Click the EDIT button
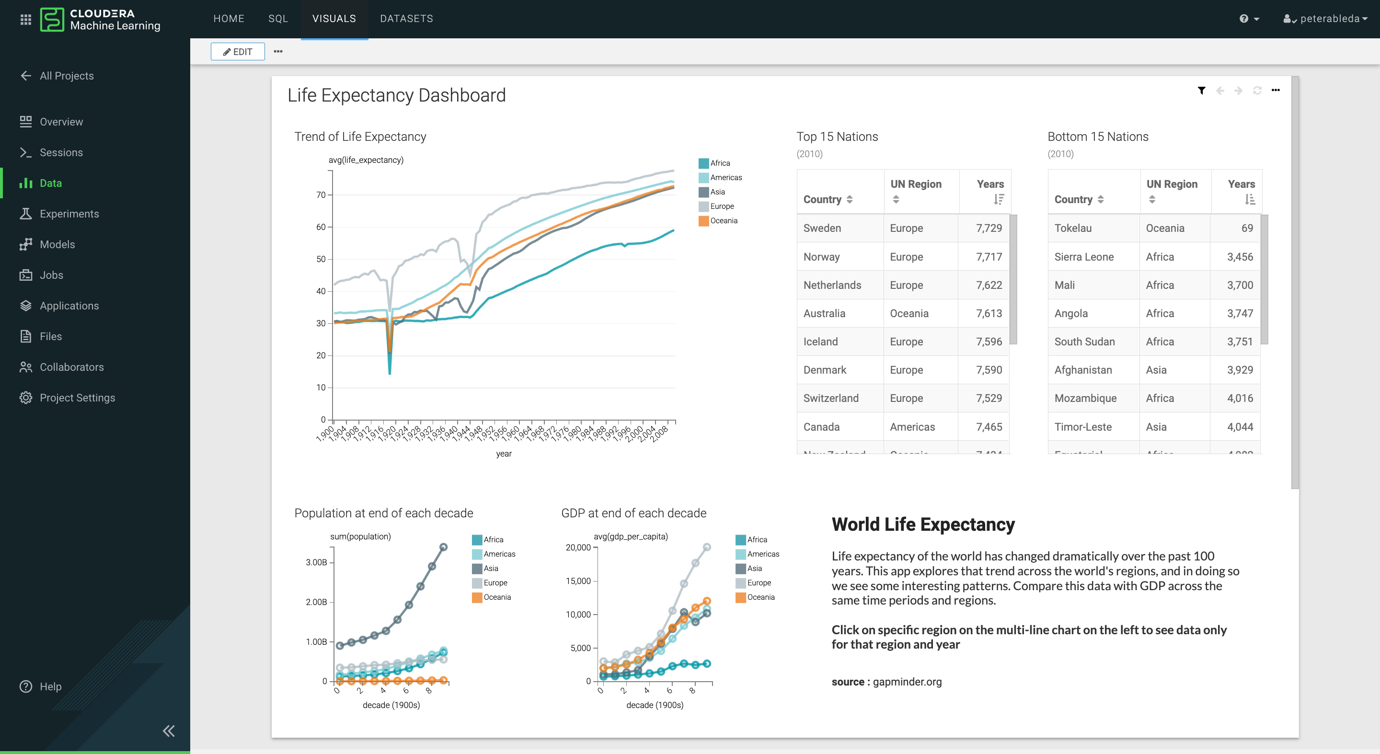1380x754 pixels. pos(237,51)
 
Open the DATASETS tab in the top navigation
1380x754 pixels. pos(406,19)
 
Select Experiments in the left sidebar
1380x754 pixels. pos(69,214)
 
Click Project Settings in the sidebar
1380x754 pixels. pos(77,397)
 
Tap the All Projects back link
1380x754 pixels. pos(67,76)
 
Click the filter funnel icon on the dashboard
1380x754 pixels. pos(1201,91)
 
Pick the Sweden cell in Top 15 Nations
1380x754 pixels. pos(822,228)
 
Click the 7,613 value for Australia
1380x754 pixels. pos(989,313)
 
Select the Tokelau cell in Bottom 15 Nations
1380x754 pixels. pos(1072,228)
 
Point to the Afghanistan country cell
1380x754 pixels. pos(1083,370)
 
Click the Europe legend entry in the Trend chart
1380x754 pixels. pos(721,206)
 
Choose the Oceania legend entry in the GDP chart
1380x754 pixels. pos(760,597)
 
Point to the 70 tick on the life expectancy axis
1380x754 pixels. pos(321,195)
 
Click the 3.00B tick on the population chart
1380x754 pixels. pos(316,562)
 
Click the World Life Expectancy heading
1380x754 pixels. pos(922,524)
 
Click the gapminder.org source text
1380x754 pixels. pos(907,682)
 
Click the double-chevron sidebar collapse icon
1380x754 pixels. pos(169,731)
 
